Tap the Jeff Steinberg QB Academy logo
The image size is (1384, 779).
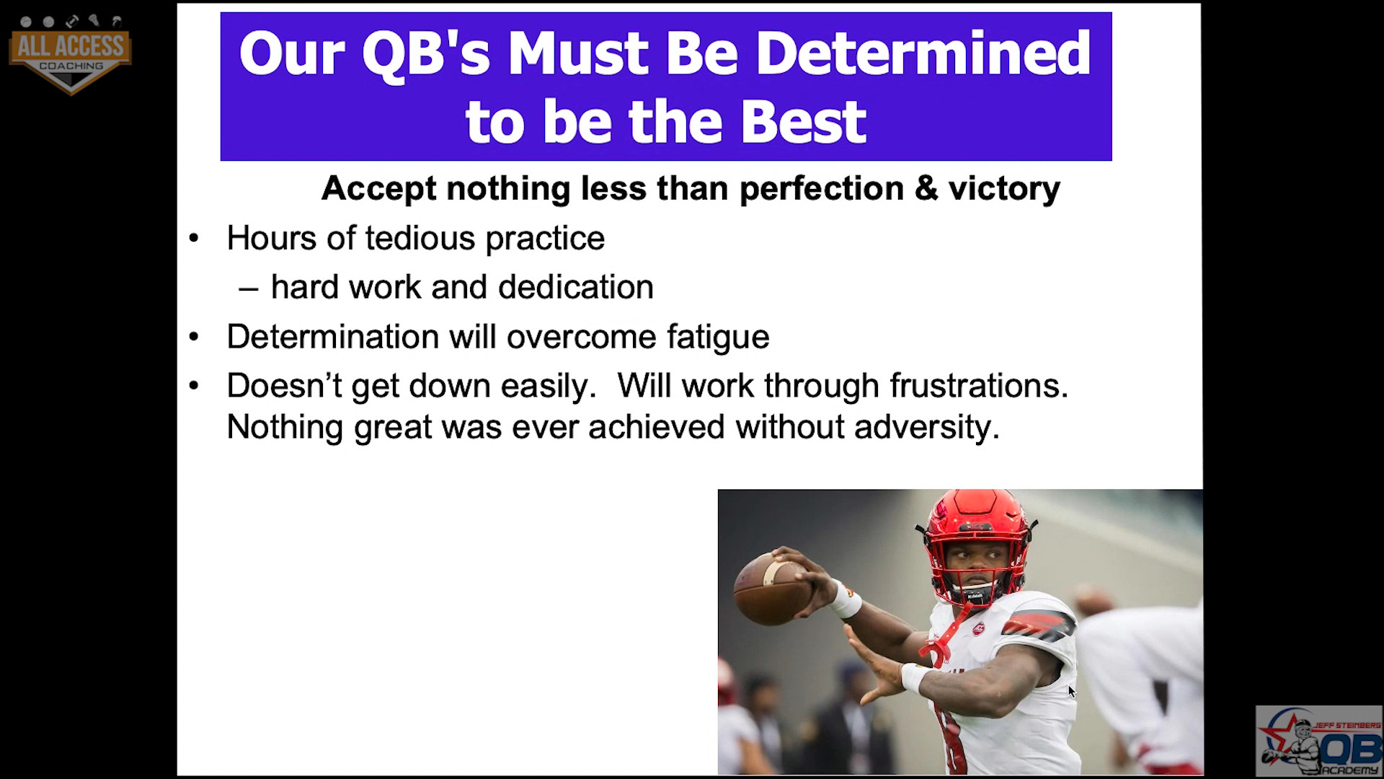pyautogui.click(x=1318, y=741)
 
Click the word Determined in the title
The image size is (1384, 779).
pyautogui.click(x=923, y=53)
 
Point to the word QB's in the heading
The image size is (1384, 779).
pyautogui.click(x=425, y=55)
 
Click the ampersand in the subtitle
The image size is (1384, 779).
pyautogui.click(x=926, y=188)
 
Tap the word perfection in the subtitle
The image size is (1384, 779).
pyautogui.click(x=822, y=189)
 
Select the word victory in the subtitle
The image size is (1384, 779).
pyautogui.click(x=1004, y=189)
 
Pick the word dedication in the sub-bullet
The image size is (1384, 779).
pyautogui.click(x=575, y=287)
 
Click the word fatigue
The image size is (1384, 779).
pyautogui.click(x=718, y=338)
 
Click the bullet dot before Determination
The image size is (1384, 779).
pyautogui.click(x=193, y=337)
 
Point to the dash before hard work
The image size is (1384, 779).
pyautogui.click(x=249, y=289)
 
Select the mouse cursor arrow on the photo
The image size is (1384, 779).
pyautogui.click(x=1072, y=691)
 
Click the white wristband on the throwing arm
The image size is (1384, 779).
pyautogui.click(x=843, y=599)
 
